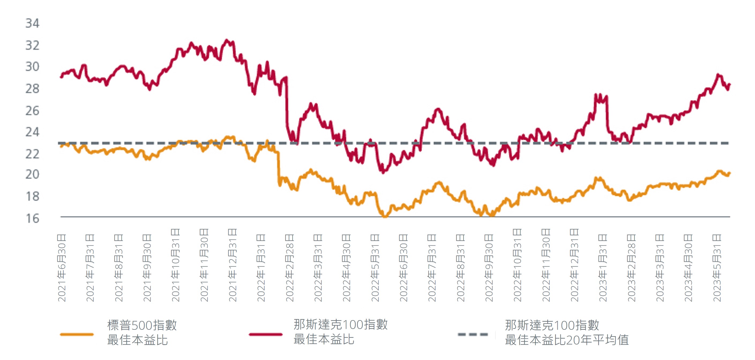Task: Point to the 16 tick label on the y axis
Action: [x=32, y=218]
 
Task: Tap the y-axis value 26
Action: [x=32, y=111]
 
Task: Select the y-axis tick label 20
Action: [x=32, y=174]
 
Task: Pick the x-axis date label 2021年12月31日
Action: [x=232, y=265]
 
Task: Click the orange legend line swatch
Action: [x=77, y=334]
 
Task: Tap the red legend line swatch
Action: [x=266, y=334]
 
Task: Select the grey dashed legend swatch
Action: [x=473, y=334]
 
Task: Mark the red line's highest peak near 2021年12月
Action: [x=226, y=40]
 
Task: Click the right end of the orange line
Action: [x=730, y=173]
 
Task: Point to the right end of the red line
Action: [x=730, y=85]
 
